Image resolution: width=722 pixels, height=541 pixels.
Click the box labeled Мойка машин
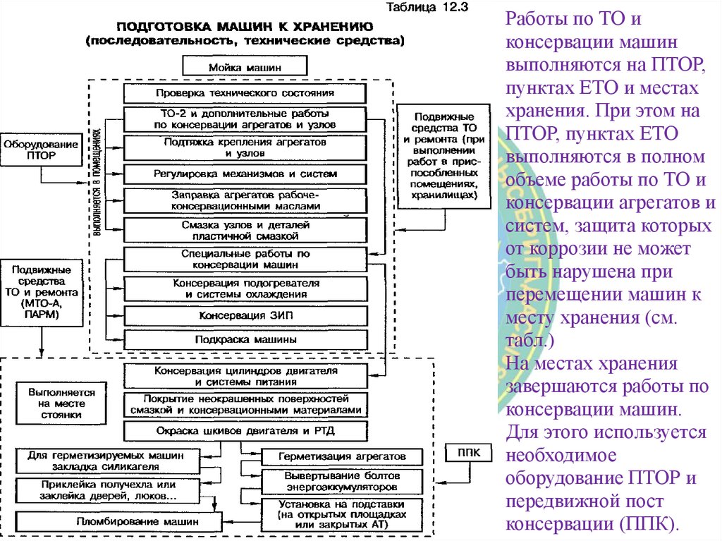point(245,67)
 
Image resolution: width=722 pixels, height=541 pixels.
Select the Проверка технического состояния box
point(245,93)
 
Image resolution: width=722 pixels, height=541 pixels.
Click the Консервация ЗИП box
point(245,315)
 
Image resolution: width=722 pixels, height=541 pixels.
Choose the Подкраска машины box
point(245,339)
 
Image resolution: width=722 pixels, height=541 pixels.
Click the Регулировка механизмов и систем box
point(245,174)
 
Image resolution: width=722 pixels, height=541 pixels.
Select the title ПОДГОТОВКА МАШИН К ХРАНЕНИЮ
point(244,27)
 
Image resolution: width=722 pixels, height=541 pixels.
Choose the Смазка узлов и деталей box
point(245,229)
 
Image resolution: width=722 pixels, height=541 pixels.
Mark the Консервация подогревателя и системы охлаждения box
point(245,288)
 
